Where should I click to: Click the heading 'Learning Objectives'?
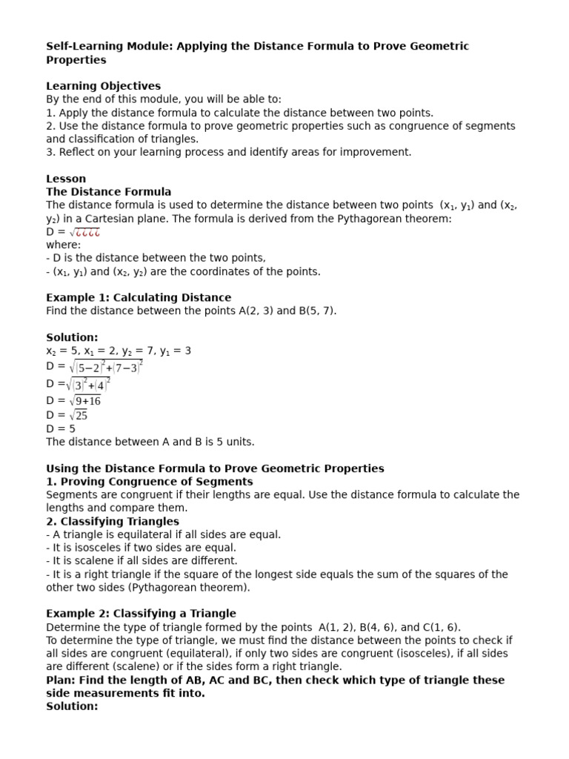click(x=103, y=86)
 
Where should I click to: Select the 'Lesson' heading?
click(x=66, y=179)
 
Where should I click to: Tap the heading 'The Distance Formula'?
click(x=108, y=192)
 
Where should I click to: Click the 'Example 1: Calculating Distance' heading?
click(x=139, y=297)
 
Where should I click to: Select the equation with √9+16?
click(x=73, y=401)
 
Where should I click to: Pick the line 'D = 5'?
click(x=61, y=428)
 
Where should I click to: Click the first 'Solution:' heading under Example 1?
click(x=72, y=337)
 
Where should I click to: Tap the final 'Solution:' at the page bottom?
click(x=72, y=706)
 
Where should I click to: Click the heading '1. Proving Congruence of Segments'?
click(x=149, y=482)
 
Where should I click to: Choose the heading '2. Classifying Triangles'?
click(x=113, y=521)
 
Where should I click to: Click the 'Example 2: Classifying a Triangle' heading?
click(x=141, y=613)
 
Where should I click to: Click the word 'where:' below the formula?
click(x=64, y=245)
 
